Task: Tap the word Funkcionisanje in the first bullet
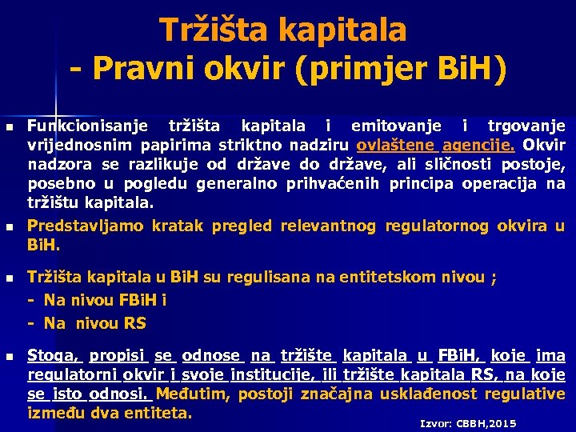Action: [90, 126]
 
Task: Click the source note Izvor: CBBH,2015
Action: [468, 422]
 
